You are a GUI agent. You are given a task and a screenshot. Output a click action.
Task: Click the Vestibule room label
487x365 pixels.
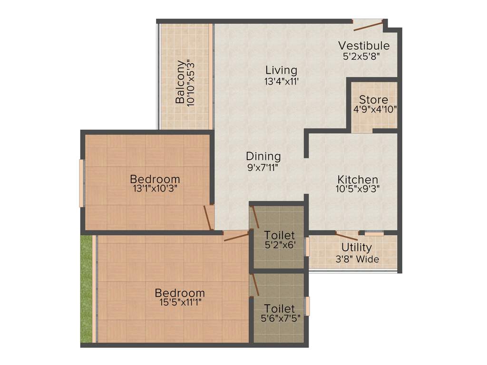pos(364,46)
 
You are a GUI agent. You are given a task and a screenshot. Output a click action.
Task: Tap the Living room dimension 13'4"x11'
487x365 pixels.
pos(281,81)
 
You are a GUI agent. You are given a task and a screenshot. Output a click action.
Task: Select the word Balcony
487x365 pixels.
pos(180,82)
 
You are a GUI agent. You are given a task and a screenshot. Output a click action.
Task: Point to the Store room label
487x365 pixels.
pos(373,100)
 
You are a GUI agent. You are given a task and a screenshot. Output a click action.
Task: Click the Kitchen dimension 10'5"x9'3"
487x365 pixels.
pos(358,188)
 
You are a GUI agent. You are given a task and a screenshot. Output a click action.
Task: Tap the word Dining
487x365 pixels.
pos(263,156)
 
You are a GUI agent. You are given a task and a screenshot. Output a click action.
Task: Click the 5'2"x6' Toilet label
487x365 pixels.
pos(280,235)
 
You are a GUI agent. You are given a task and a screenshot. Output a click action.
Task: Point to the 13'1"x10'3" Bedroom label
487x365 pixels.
pos(155,179)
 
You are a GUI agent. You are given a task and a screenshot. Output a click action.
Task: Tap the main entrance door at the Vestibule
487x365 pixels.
pos(369,25)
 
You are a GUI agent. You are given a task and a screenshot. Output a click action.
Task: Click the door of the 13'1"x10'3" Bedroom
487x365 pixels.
pos(208,218)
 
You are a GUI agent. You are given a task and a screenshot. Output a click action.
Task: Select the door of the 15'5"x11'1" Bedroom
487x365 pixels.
pos(236,236)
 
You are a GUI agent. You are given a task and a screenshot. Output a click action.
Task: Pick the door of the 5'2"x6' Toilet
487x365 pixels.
pos(254,218)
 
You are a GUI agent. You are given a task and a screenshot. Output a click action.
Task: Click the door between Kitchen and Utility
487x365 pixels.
pos(346,236)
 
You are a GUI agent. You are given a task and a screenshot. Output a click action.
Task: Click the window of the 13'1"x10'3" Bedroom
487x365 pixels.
pos(81,183)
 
